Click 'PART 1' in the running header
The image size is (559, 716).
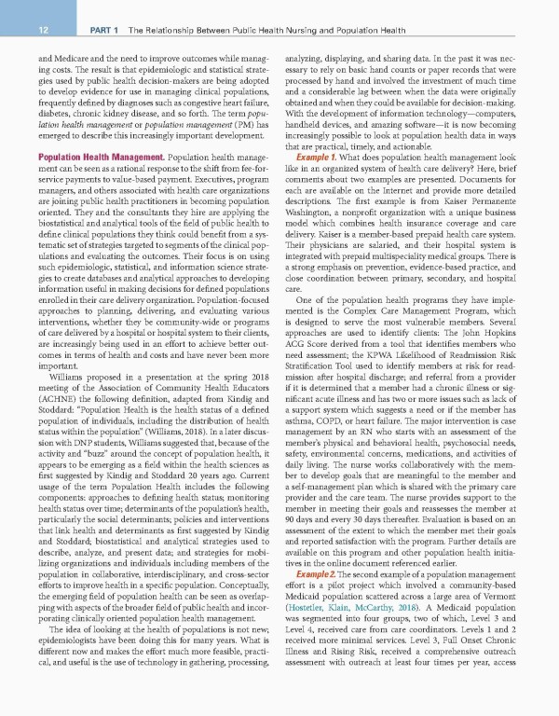(103, 32)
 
